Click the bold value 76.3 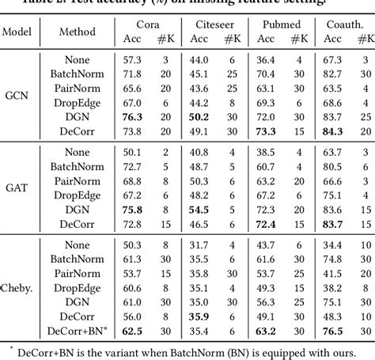[131, 116]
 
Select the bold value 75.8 [131, 210]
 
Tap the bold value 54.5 [199, 210]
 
